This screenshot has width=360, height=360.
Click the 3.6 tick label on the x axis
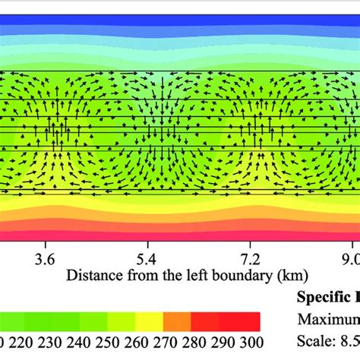[46, 259]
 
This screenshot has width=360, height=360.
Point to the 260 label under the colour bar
[144, 342]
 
